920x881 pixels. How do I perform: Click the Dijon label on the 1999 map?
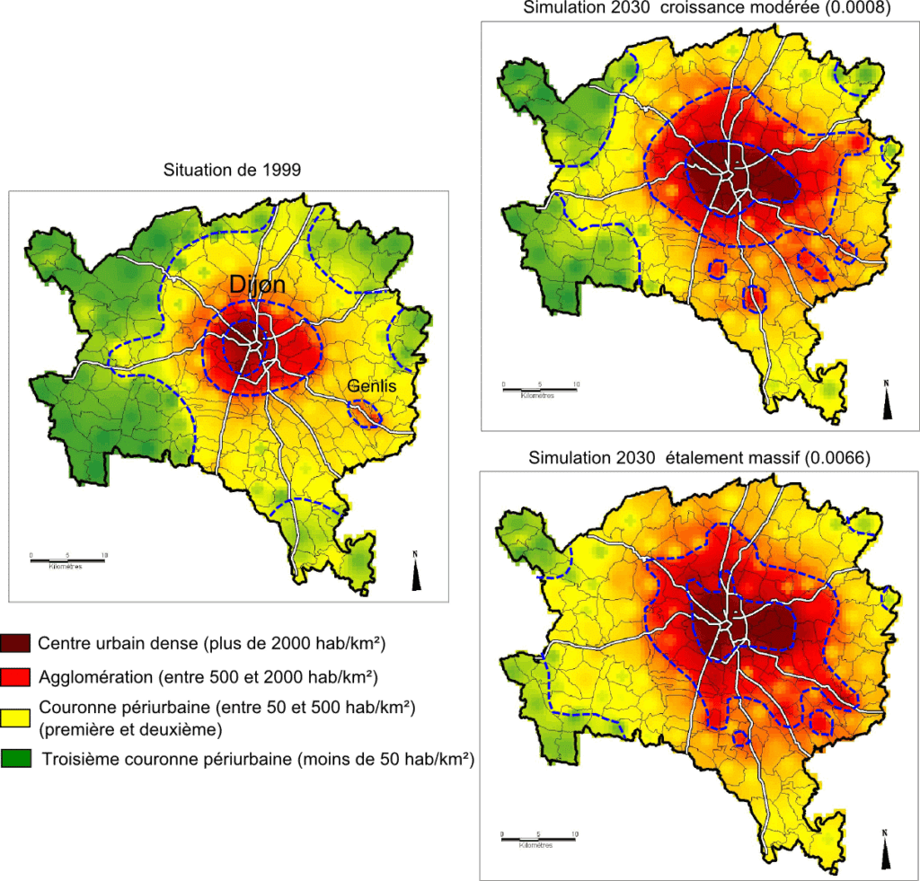pyautogui.click(x=258, y=286)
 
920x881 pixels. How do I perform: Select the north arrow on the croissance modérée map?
pyautogui.click(x=888, y=401)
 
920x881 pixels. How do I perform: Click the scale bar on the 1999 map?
pyautogui.click(x=67, y=561)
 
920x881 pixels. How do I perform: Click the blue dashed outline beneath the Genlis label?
pyautogui.click(x=365, y=412)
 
